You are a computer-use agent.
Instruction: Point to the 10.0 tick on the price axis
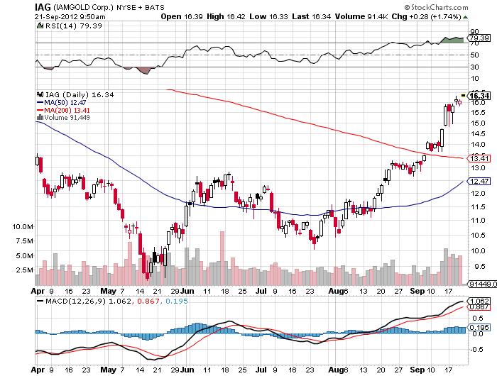[x=478, y=250]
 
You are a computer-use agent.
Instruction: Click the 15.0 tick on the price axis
[x=478, y=123]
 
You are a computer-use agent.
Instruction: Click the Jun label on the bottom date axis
[x=187, y=291]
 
